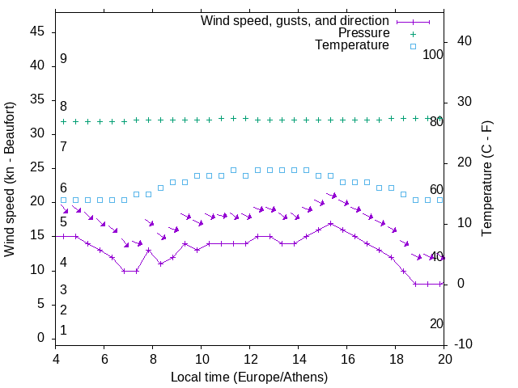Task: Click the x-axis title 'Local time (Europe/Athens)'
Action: click(x=249, y=377)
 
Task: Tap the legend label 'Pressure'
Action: click(x=363, y=33)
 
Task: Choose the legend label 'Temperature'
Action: click(x=352, y=46)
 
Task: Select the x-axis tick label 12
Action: click(x=250, y=359)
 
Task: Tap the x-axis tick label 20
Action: click(x=444, y=359)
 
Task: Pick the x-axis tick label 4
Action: click(x=56, y=359)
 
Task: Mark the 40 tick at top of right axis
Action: click(x=465, y=41)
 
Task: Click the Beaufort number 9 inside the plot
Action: click(x=63, y=59)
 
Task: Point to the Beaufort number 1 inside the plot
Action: click(x=63, y=330)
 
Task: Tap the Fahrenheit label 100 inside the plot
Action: click(x=433, y=54)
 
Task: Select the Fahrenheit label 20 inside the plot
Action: click(x=436, y=323)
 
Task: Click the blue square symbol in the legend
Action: click(x=412, y=46)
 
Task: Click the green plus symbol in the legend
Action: click(x=412, y=33)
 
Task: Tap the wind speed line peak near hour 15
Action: click(x=330, y=223)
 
